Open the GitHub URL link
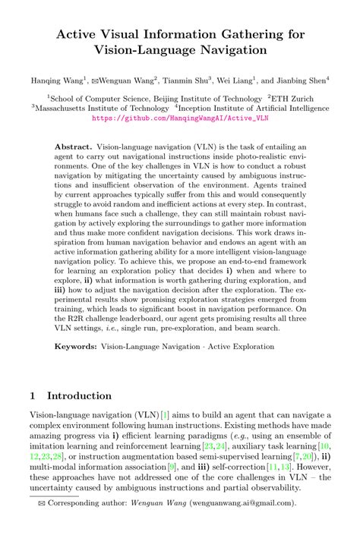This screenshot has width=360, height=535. pyautogui.click(x=179, y=119)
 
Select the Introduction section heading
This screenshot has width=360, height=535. pyautogui.click(x=79, y=395)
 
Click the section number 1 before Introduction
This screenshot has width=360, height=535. pyautogui.click(x=32, y=395)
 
